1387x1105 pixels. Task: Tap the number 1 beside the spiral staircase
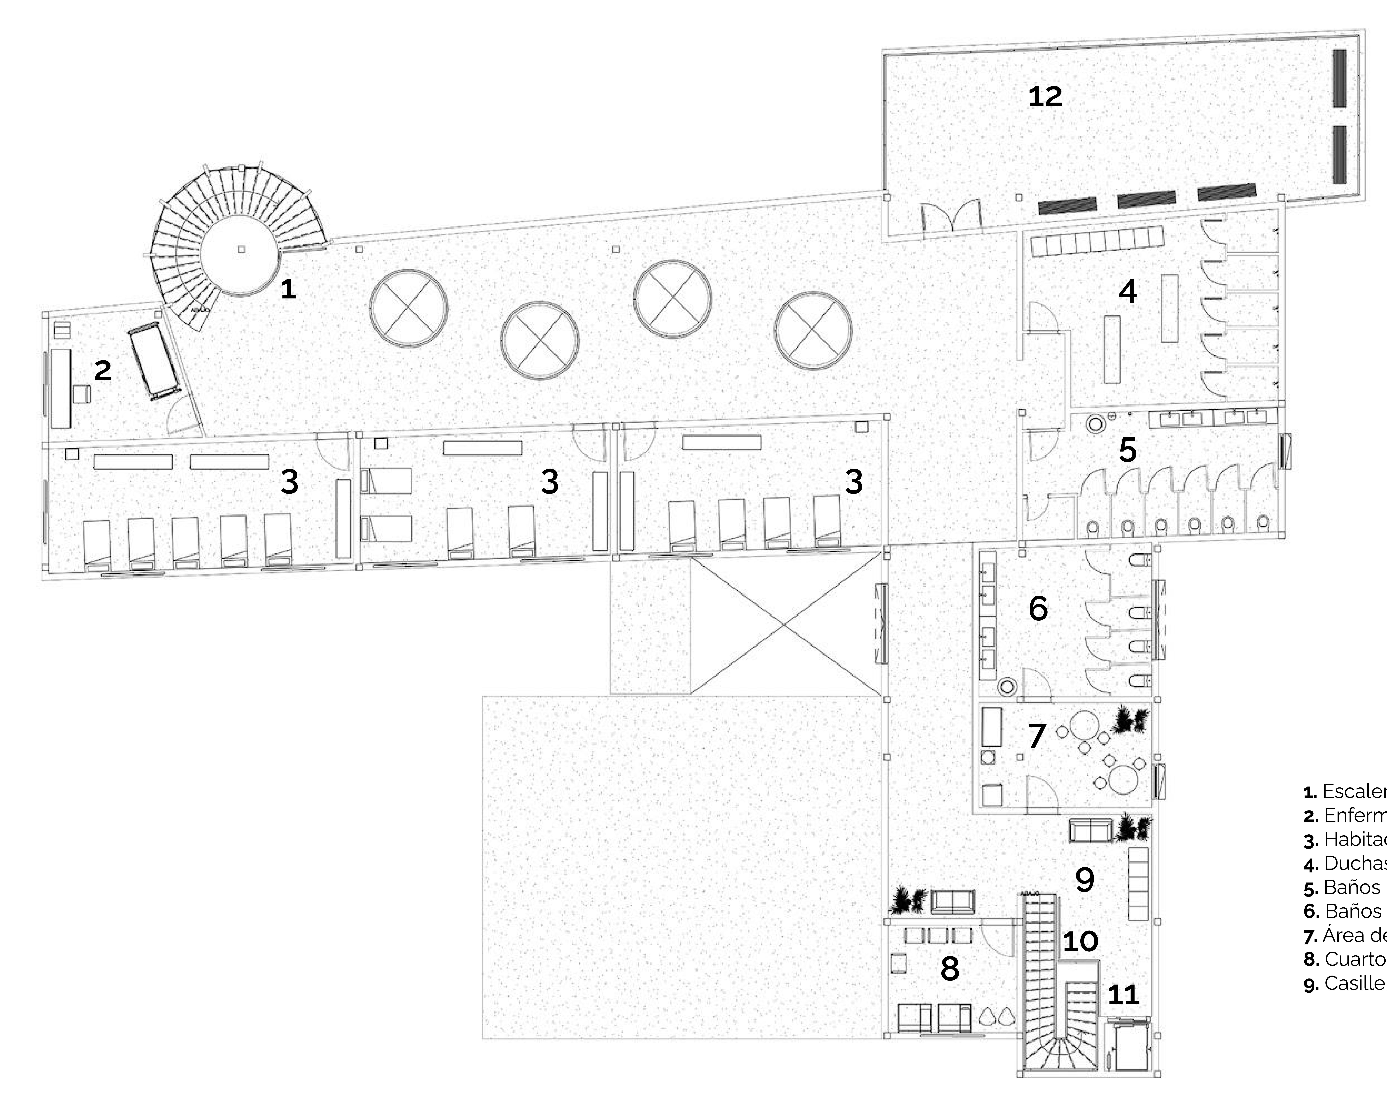pyautogui.click(x=288, y=289)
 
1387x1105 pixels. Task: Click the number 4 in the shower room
pyautogui.click(x=1127, y=292)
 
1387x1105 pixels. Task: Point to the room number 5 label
pyautogui.click(x=1127, y=450)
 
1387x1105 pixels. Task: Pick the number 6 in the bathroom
pyautogui.click(x=1038, y=608)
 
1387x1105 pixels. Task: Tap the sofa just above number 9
pyautogui.click(x=1091, y=830)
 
